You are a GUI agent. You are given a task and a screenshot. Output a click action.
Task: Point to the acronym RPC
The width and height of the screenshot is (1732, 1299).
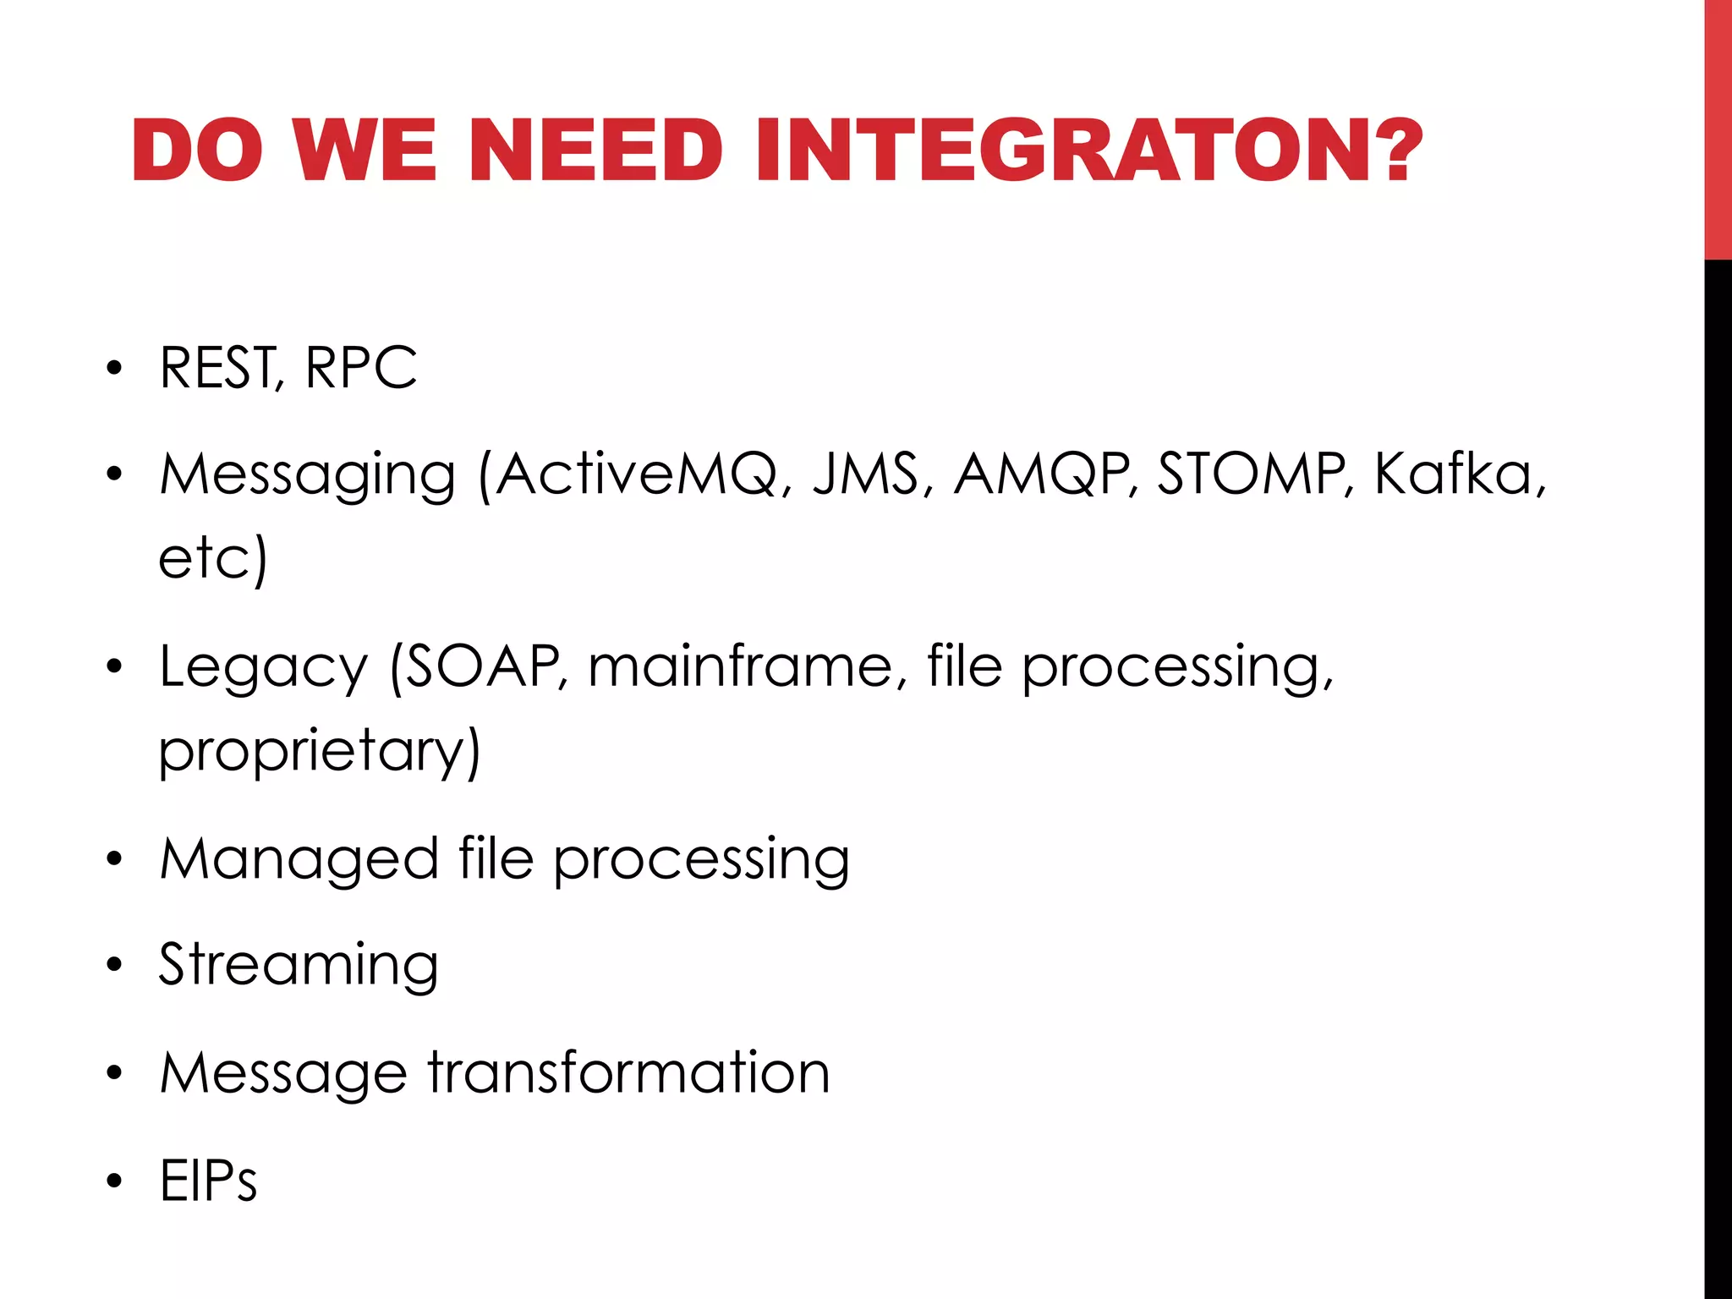pos(361,368)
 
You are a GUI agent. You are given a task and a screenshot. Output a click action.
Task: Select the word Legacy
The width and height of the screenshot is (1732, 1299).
pos(264,668)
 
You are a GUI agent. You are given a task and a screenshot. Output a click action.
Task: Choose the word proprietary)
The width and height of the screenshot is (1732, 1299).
pos(320,751)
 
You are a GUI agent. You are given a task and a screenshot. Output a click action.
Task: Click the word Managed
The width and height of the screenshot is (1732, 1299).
pos(299,860)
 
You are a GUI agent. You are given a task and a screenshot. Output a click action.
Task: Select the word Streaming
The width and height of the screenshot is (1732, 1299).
pos(299,966)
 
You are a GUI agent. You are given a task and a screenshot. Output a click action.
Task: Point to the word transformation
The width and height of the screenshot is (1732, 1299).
pos(629,1072)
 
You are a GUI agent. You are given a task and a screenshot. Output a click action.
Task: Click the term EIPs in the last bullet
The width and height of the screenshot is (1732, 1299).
pos(208,1180)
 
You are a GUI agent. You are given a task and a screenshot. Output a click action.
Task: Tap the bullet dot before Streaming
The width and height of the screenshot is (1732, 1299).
pos(114,966)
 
